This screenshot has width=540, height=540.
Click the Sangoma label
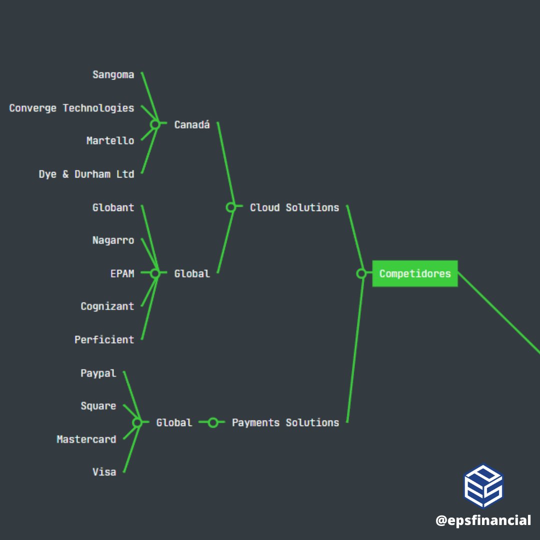coord(113,75)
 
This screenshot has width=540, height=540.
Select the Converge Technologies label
coord(71,108)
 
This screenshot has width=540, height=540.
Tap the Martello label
coord(110,141)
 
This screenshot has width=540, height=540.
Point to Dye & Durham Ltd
coord(86,174)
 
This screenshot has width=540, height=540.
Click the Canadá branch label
coord(192,124)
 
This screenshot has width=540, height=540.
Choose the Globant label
coord(113,207)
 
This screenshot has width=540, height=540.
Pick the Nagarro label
coord(113,240)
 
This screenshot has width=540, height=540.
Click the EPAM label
coord(122,273)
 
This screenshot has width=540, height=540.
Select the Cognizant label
coord(107,306)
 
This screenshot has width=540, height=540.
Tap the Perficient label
coord(104,340)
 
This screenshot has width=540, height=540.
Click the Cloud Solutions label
coord(294,207)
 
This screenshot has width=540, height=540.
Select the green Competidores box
coord(415,273)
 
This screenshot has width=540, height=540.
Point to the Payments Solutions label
coord(285,422)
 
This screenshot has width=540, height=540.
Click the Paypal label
coord(98,373)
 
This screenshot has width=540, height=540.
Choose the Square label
coord(98,406)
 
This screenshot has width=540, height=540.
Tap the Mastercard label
coord(86,439)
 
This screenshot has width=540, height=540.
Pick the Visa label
coord(104,472)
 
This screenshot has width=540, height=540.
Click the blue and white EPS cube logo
coord(483,486)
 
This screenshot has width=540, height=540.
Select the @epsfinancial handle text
coord(483,520)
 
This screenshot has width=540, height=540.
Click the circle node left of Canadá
coord(155,124)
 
